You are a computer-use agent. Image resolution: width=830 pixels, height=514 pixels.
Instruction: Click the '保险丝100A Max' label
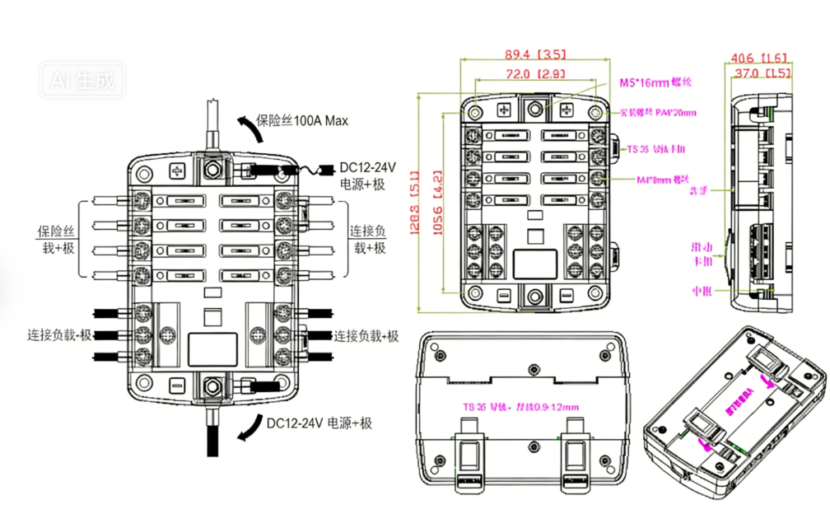point(301,120)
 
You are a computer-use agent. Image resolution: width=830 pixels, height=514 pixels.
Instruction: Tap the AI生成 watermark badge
point(84,81)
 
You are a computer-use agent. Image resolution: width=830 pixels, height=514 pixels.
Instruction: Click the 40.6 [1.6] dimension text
point(758,58)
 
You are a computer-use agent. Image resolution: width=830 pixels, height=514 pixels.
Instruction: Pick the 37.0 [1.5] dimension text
point(762,73)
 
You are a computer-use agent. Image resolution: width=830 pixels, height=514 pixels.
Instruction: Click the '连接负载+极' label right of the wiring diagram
point(366,336)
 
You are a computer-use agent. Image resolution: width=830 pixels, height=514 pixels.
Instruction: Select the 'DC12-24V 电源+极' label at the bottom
point(319,423)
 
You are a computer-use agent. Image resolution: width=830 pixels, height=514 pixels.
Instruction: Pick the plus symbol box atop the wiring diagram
point(177,171)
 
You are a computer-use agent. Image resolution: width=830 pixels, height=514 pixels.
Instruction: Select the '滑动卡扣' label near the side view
point(702,254)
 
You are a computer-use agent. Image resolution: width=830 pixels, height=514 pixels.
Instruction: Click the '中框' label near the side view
point(702,290)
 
